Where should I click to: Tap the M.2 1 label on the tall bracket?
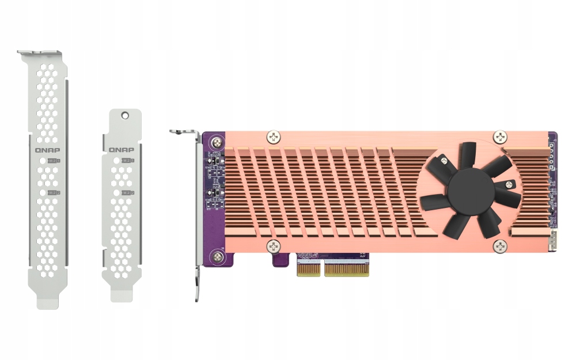coord(54,160)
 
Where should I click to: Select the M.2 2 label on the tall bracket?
coord(54,191)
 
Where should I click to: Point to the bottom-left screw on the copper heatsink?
coord(274,247)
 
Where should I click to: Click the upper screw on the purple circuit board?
coord(217,142)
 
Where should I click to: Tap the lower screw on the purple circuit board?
coord(217,257)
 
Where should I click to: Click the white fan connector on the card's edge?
coord(553,241)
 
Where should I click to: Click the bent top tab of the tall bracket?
coord(40,54)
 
